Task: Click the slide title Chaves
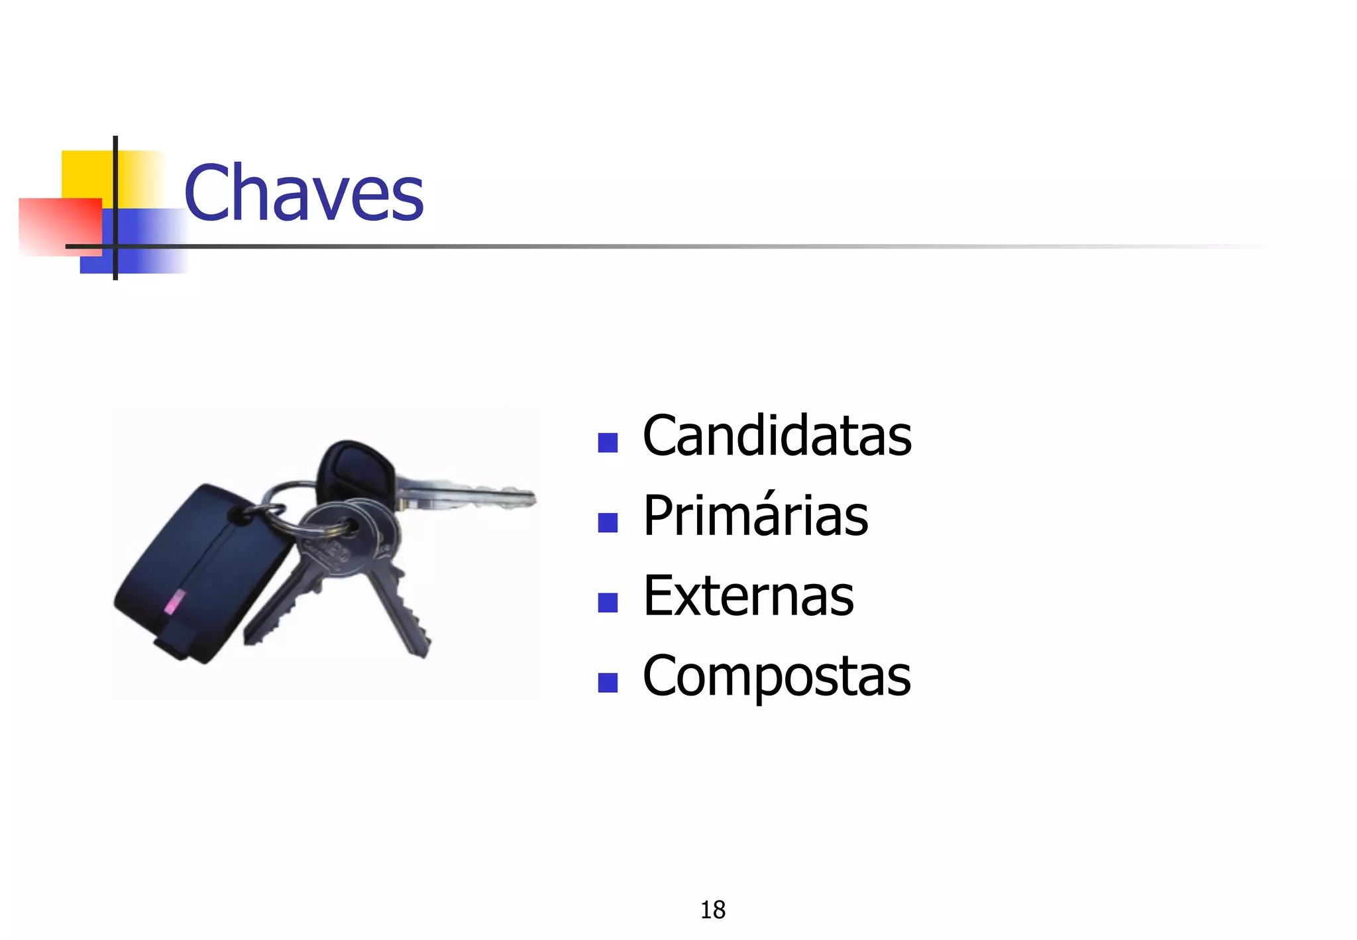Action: (x=303, y=194)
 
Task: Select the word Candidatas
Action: (x=777, y=436)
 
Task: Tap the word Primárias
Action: (x=755, y=516)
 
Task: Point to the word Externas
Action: (x=748, y=596)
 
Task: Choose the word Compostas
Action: (x=777, y=676)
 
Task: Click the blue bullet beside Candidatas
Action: (x=608, y=442)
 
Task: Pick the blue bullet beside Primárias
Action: (x=608, y=522)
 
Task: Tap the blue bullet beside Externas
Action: (x=608, y=602)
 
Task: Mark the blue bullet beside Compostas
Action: (x=608, y=682)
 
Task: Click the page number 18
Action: (x=713, y=910)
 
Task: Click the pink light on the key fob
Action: (x=173, y=602)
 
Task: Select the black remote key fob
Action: (x=199, y=570)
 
